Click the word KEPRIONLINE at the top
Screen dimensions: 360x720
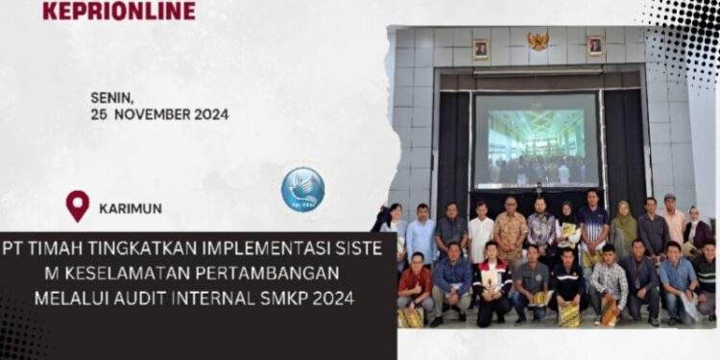pos(118,11)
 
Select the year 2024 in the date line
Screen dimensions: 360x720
pos(207,114)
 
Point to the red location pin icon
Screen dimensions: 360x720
pos(78,204)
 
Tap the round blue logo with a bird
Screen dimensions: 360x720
pos(302,189)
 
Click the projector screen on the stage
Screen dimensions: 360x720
pos(536,140)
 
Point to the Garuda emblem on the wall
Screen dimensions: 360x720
pos(538,41)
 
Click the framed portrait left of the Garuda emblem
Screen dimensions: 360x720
pos(481,49)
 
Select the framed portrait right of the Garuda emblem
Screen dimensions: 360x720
pos(595,45)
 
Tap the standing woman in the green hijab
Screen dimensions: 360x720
pos(623,231)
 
